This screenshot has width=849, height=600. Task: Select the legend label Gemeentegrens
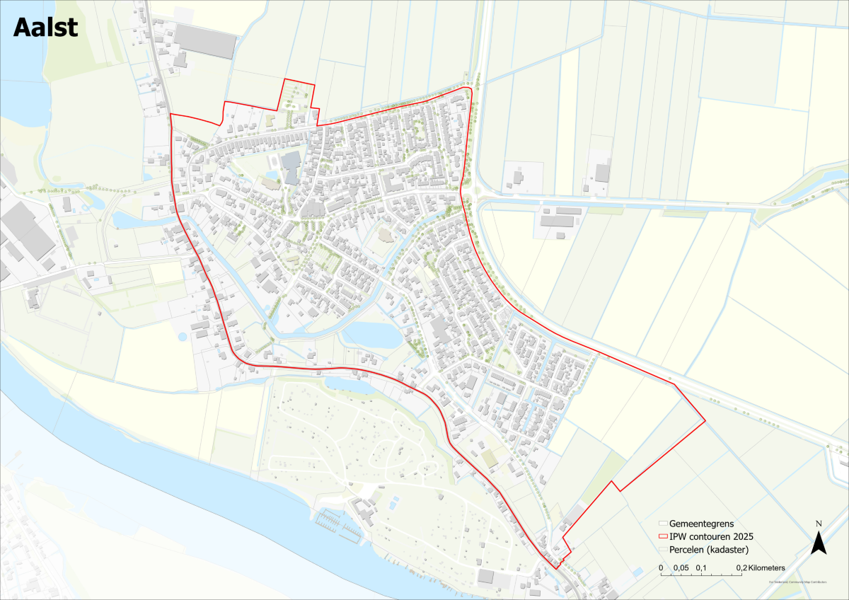(x=701, y=524)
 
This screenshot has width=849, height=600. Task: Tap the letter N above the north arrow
(x=818, y=524)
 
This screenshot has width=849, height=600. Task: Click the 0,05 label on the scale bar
(x=681, y=567)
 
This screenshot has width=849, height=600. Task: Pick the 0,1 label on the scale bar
(x=702, y=567)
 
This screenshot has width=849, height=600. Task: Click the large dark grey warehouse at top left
(x=204, y=42)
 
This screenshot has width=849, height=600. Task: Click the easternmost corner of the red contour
(x=705, y=422)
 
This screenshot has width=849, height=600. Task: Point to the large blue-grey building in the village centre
(x=291, y=167)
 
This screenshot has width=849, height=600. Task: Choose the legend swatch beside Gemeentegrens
(x=662, y=524)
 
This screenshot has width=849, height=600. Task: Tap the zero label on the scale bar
(x=661, y=567)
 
